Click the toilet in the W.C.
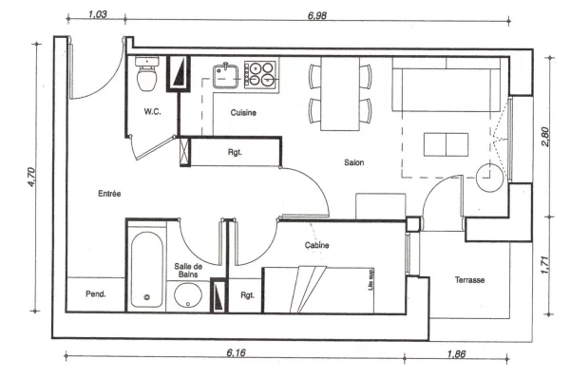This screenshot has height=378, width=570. pos(147,73)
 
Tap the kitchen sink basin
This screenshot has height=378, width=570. pos(225,76)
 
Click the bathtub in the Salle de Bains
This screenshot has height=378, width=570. pos(146,270)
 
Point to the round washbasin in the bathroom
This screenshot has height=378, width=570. pos(188,294)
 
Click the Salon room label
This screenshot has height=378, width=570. pos(353,162)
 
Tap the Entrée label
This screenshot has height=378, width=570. pos(109,194)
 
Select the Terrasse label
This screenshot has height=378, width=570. pos(469,280)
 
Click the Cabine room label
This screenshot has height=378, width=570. pos(316,245)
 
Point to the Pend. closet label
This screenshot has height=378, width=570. pos(96,293)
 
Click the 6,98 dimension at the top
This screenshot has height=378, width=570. pos(317,15)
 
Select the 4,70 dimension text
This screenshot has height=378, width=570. pos(31,177)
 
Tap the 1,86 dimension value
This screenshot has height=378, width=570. pos(456,353)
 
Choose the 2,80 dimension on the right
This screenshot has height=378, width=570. pos(545,137)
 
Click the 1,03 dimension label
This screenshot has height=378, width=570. pos(98,14)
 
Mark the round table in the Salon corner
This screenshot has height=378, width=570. pos(489,178)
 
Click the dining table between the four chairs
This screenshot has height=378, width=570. pos(340,93)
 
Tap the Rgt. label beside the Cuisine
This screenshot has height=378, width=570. pos(235,152)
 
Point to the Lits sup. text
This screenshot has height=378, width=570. pos(370,279)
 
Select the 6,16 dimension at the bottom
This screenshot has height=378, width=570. pos(236,352)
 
